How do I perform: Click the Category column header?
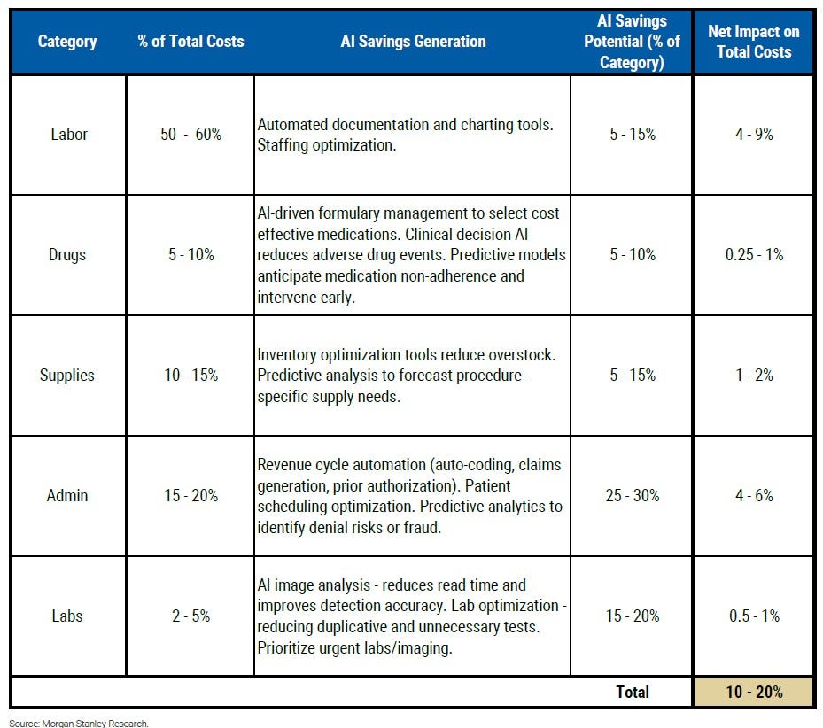pyautogui.click(x=67, y=42)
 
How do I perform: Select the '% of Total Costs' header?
pyautogui.click(x=191, y=41)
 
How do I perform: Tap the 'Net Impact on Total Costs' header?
pyautogui.click(x=754, y=42)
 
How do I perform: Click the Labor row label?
pyautogui.click(x=69, y=135)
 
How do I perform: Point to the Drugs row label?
pyautogui.click(x=67, y=254)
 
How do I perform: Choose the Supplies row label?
pyautogui.click(x=67, y=376)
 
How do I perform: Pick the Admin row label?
pyautogui.click(x=67, y=495)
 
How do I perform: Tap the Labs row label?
pyautogui.click(x=67, y=616)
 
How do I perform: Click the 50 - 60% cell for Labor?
pyautogui.click(x=191, y=135)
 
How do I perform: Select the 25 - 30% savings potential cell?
pyautogui.click(x=633, y=495)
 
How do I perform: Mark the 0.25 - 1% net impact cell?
pyautogui.click(x=754, y=254)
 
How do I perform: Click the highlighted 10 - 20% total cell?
pyautogui.click(x=754, y=692)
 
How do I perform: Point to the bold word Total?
pyautogui.click(x=633, y=692)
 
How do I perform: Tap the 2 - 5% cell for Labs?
pyautogui.click(x=191, y=616)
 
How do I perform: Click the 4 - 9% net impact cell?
pyautogui.click(x=754, y=135)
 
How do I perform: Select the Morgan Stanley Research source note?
pyautogui.click(x=79, y=724)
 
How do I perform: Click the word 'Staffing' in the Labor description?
pyautogui.click(x=283, y=145)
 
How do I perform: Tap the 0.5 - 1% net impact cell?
pyautogui.click(x=754, y=616)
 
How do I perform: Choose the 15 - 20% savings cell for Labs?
pyautogui.click(x=633, y=616)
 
